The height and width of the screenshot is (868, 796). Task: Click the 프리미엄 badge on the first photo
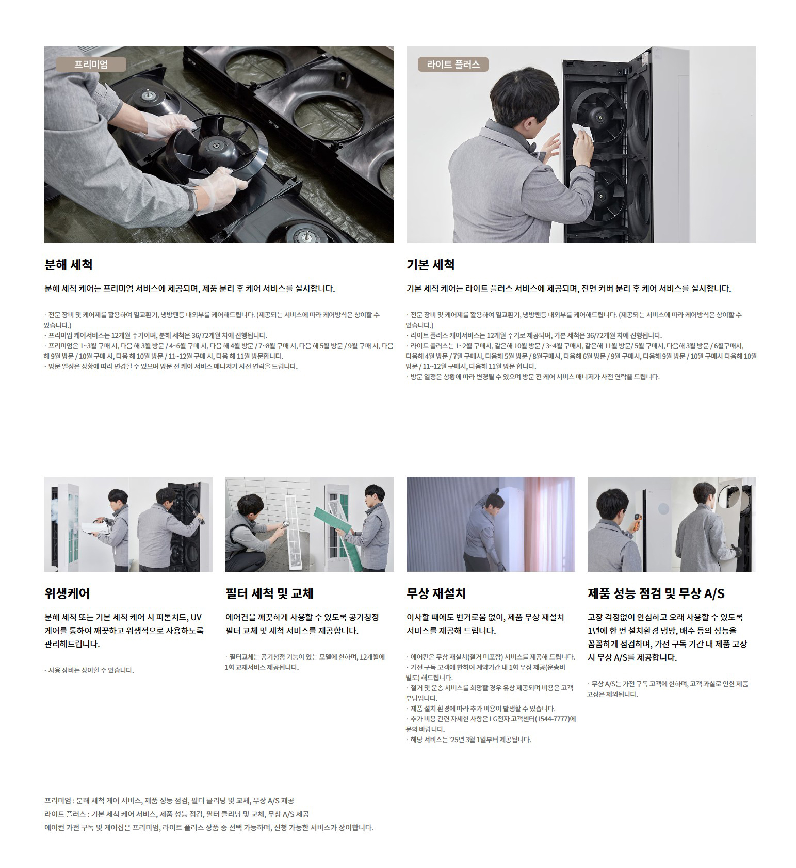pos(91,65)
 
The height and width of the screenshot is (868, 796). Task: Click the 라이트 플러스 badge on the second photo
pos(453,65)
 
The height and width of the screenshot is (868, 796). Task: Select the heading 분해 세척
pos(69,265)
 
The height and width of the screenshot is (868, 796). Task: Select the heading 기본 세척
pos(431,265)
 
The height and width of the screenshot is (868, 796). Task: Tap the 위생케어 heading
pos(67,593)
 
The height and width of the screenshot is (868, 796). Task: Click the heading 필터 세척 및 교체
pos(270,593)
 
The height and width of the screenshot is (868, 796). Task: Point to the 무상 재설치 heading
pos(436,593)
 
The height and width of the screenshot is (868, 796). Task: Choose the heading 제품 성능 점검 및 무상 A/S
pos(656,593)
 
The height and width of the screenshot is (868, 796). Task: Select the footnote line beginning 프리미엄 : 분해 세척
pos(169,801)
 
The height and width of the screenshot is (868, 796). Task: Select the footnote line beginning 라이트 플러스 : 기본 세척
pos(177,814)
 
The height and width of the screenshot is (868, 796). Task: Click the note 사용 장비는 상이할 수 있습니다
pos(89,670)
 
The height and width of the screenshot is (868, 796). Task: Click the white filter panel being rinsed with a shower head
pos(297,532)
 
